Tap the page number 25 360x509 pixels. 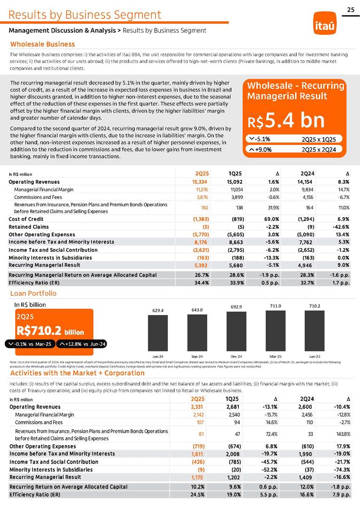coord(351,10)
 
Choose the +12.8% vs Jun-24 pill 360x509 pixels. coord(82,344)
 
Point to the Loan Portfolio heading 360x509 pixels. coord(33,293)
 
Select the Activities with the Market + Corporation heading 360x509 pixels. coord(77,373)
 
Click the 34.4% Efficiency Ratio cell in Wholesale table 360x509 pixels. coord(202,283)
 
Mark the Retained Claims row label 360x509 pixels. coord(27,227)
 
